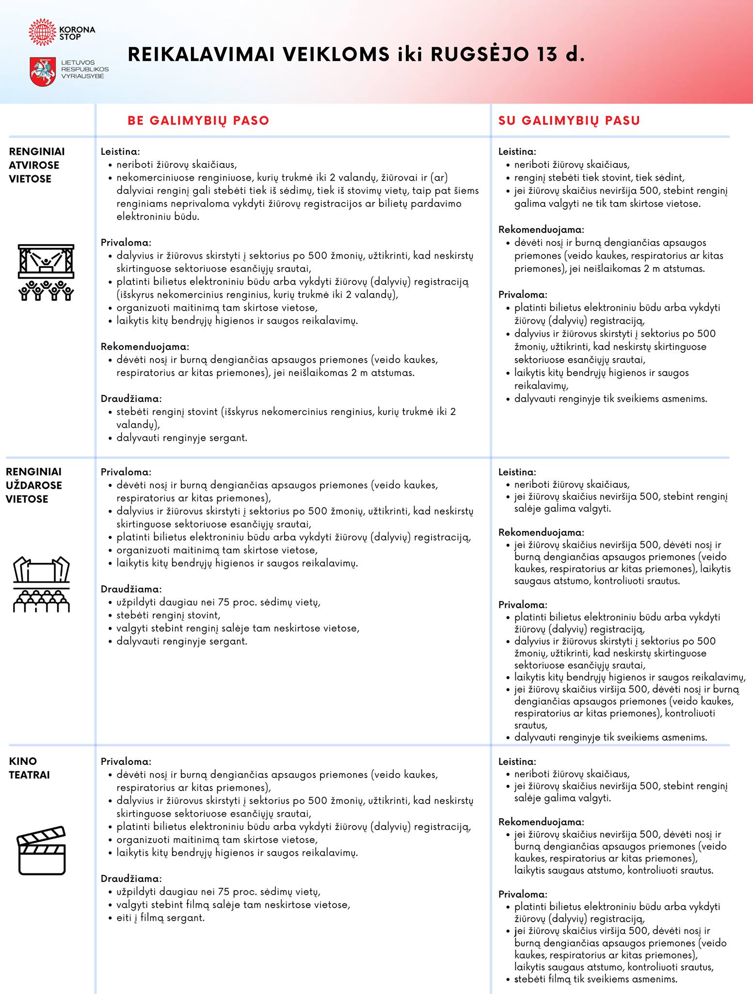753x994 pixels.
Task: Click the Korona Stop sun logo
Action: [43, 33]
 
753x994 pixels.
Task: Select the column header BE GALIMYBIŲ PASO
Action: [198, 120]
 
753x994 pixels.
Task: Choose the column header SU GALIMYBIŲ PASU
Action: [569, 120]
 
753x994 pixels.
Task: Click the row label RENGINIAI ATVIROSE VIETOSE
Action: [37, 165]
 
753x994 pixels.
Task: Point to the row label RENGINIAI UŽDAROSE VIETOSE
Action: [34, 485]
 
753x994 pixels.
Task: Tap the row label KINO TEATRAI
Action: [30, 768]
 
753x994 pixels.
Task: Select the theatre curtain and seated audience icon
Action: [41, 584]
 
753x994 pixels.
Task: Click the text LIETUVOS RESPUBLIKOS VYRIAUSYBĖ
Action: [84, 70]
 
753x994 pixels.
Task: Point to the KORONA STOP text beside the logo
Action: [77, 33]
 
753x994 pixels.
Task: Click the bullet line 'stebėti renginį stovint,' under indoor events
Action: [168, 615]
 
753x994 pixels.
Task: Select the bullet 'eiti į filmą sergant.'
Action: [160, 918]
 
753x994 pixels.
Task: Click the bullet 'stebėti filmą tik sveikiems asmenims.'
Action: [595, 979]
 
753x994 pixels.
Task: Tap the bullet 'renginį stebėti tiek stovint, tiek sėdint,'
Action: [599, 178]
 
